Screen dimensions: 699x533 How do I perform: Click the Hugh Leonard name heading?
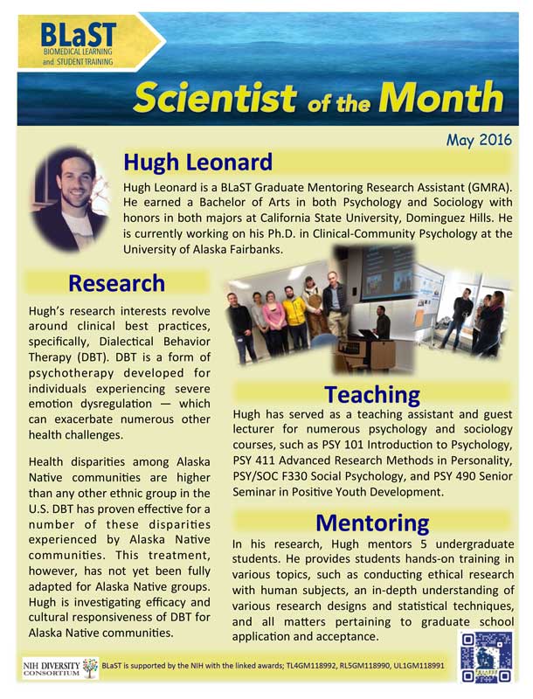click(x=197, y=163)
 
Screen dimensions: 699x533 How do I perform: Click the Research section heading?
click(x=116, y=283)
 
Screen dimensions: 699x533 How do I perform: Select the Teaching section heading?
click(x=372, y=394)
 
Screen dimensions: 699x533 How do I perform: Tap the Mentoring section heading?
click(x=372, y=523)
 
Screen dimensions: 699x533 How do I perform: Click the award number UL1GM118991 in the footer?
click(x=468, y=667)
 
